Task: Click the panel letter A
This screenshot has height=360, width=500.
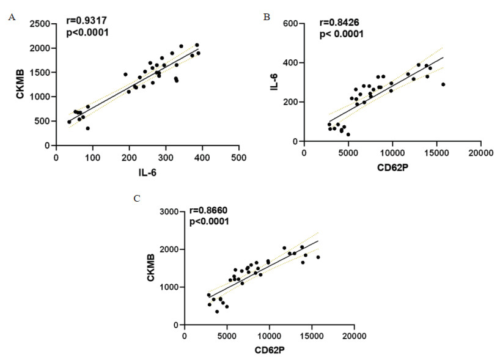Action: click(x=11, y=18)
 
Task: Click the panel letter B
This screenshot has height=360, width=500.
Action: click(x=266, y=17)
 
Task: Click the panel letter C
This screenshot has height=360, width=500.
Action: click(x=138, y=199)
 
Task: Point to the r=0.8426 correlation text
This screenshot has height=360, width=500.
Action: click(x=339, y=23)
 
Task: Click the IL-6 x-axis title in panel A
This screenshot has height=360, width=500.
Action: click(x=147, y=174)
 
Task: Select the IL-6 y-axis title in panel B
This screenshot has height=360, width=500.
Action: click(x=274, y=83)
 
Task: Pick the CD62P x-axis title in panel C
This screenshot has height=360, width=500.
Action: click(x=269, y=350)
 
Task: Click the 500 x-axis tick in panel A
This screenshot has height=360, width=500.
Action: click(x=238, y=157)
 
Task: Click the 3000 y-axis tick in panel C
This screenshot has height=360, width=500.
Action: click(x=166, y=211)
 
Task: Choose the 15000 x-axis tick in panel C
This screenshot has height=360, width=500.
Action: click(x=312, y=336)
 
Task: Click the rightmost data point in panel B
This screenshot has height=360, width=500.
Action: click(x=443, y=84)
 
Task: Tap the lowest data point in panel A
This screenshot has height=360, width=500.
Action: click(x=88, y=128)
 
